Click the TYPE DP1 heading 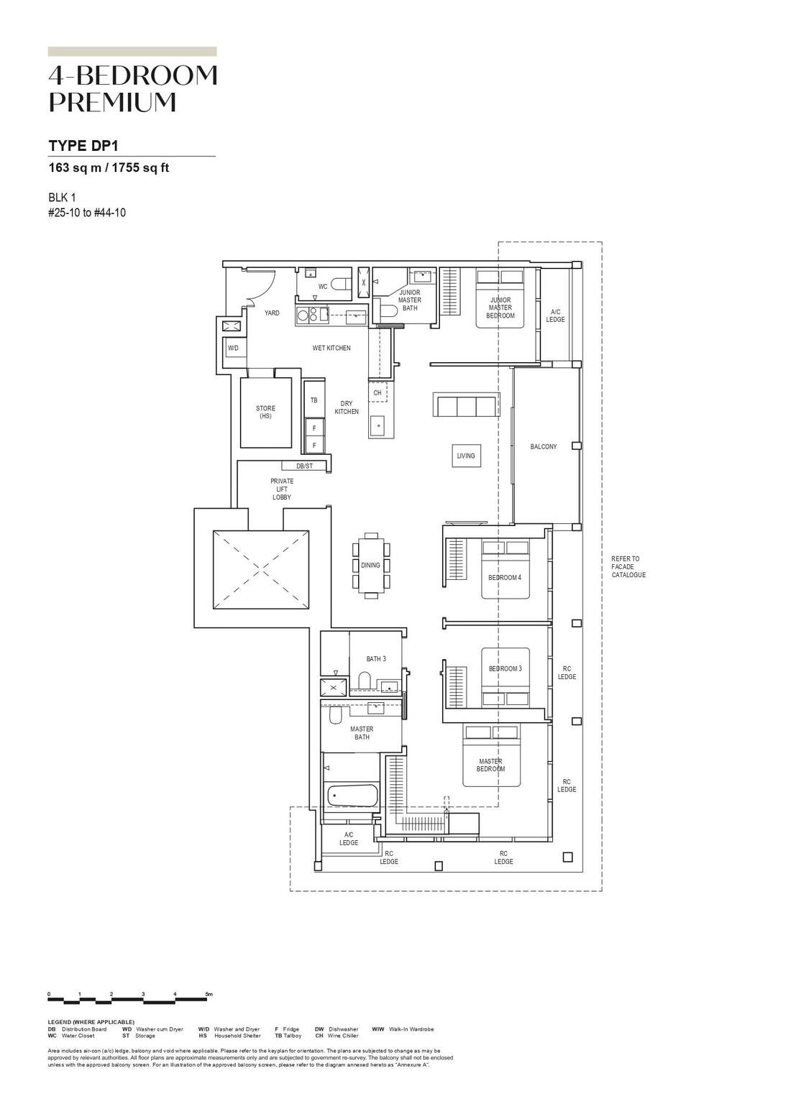[83, 146]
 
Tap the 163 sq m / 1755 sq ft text [109, 168]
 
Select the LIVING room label [466, 456]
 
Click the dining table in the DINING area [371, 566]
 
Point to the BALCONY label [544, 447]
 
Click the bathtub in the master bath [352, 796]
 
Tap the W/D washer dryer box [233, 348]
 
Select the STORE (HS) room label [265, 412]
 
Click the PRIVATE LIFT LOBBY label [282, 489]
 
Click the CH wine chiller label [378, 393]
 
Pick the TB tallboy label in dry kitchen [314, 400]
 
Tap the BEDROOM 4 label [505, 578]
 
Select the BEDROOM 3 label [505, 668]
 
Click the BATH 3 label [376, 658]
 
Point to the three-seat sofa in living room [465, 405]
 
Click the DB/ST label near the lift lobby [304, 466]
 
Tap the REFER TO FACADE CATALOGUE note [628, 566]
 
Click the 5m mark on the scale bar [209, 994]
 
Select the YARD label [272, 313]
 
